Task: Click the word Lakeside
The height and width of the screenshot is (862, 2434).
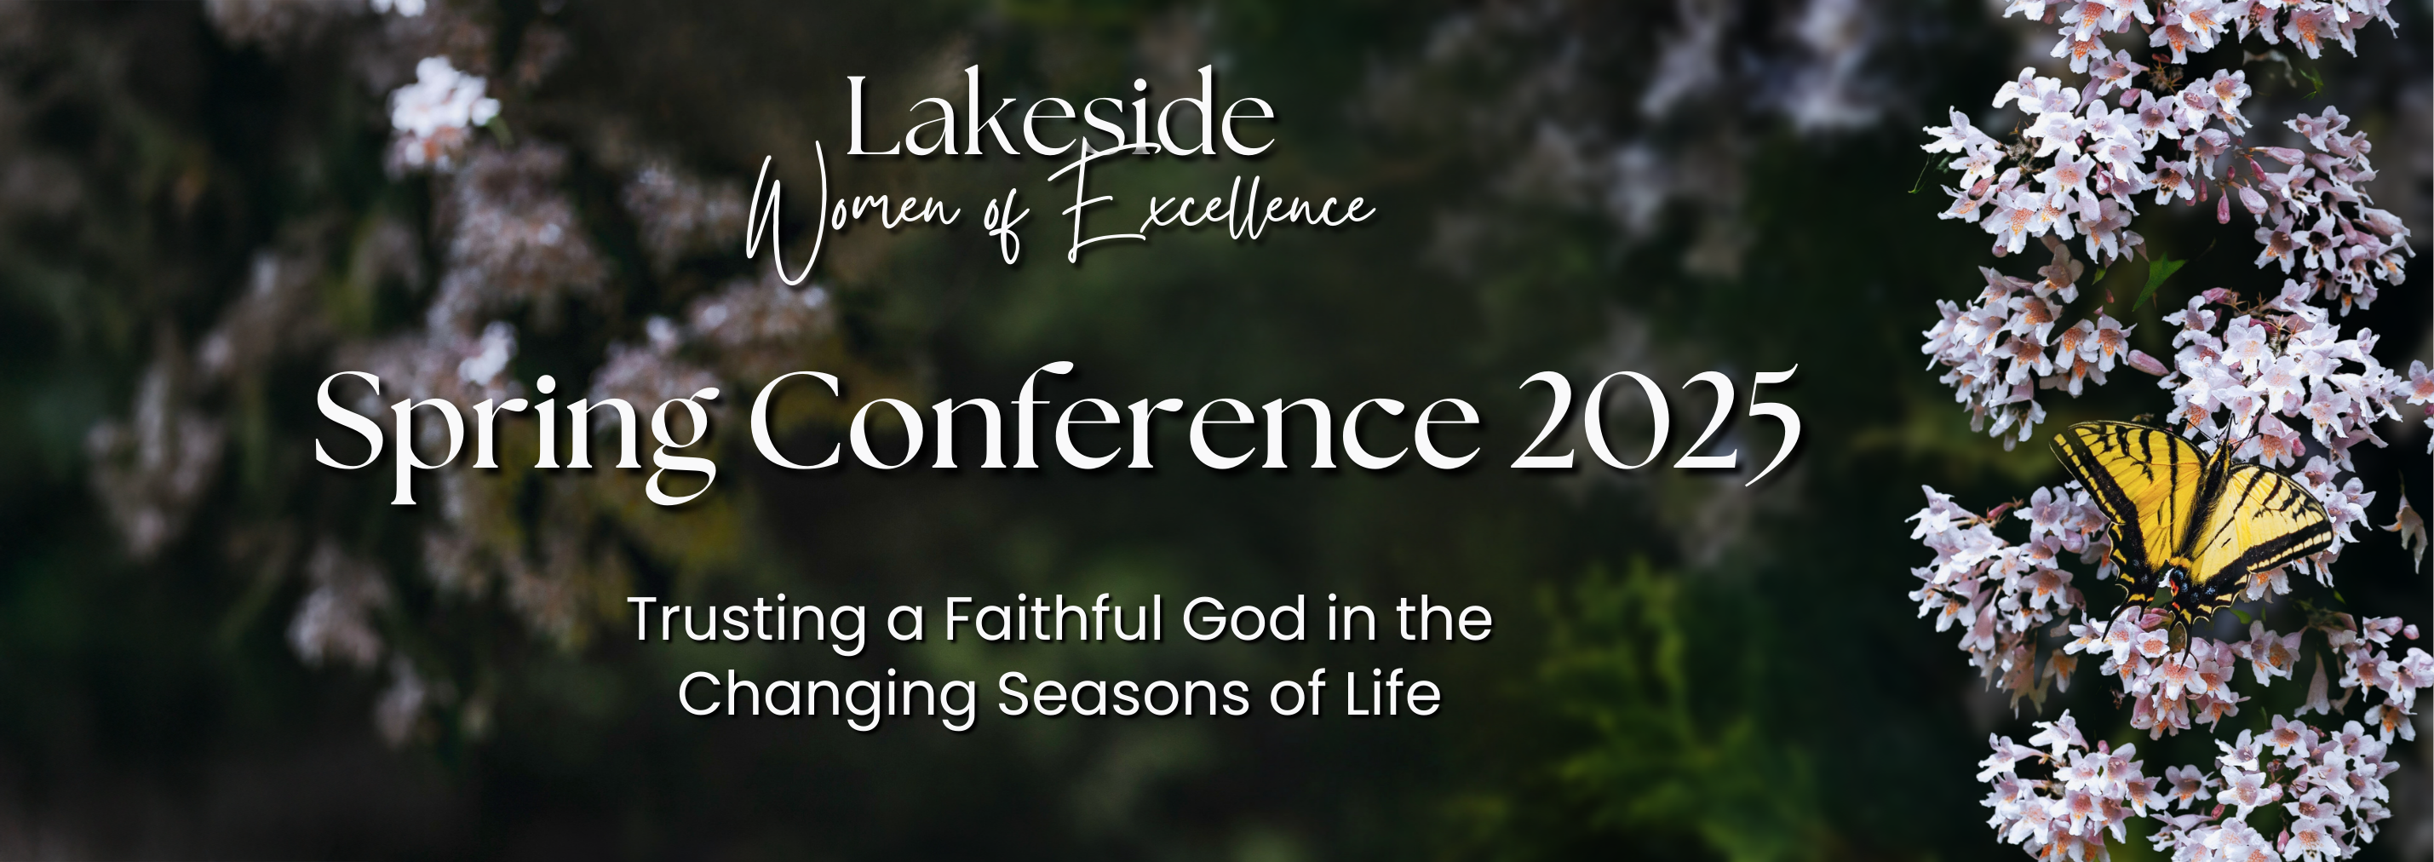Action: point(1059,115)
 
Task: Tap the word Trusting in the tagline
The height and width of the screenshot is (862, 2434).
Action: point(746,621)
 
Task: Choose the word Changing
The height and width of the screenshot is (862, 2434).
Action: point(827,698)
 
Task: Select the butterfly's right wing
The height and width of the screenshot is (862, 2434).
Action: point(2268,529)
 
